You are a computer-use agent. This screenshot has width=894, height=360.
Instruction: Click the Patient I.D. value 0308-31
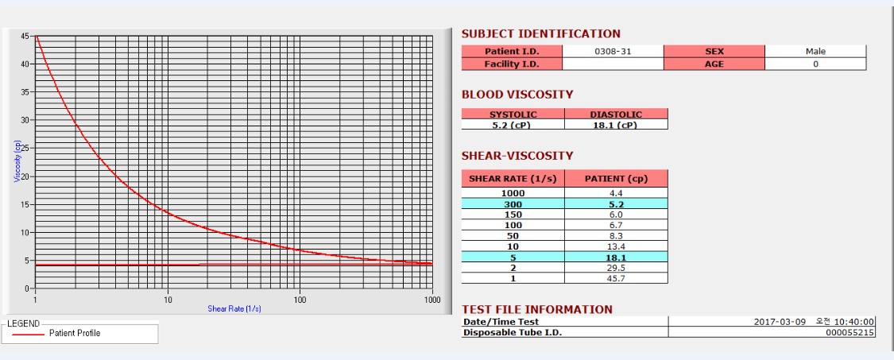pyautogui.click(x=612, y=52)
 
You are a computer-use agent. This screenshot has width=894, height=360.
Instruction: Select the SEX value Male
pyautogui.click(x=815, y=52)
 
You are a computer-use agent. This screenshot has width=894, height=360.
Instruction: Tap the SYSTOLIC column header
pyautogui.click(x=513, y=114)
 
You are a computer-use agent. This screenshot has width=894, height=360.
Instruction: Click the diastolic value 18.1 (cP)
pyautogui.click(x=616, y=125)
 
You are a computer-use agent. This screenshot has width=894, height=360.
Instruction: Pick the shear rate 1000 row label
pyautogui.click(x=513, y=193)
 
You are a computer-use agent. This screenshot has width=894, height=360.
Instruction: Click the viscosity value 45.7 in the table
pyautogui.click(x=616, y=279)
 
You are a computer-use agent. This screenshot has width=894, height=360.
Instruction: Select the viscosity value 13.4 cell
pyautogui.click(x=616, y=246)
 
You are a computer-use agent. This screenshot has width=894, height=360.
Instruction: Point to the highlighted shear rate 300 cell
pyautogui.click(x=513, y=204)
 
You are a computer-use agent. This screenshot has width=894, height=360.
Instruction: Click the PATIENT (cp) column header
pyautogui.click(x=616, y=179)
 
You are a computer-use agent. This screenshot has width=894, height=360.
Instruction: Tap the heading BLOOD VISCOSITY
pyautogui.click(x=517, y=95)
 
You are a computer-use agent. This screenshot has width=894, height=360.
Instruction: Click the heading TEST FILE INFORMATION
pyautogui.click(x=537, y=309)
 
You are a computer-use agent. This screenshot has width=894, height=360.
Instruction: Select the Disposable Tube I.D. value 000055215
pyautogui.click(x=849, y=333)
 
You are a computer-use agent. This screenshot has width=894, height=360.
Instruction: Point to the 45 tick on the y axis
pyautogui.click(x=25, y=36)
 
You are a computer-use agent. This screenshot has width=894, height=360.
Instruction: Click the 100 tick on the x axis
pyautogui.click(x=300, y=300)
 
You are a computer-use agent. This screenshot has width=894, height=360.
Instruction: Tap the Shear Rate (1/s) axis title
pyautogui.click(x=234, y=308)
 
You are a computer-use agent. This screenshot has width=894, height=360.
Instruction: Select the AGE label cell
pyautogui.click(x=714, y=64)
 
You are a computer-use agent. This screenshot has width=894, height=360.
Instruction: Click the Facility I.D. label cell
pyautogui.click(x=512, y=64)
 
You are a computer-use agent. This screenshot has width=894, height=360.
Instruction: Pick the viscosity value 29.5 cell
pyautogui.click(x=616, y=268)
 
